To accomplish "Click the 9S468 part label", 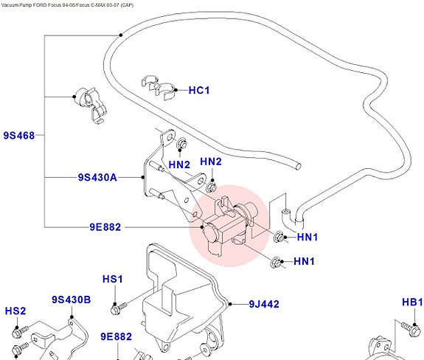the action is pos(19,135).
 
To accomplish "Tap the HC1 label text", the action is pos(199,90).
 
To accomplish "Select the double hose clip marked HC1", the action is pos(159,87).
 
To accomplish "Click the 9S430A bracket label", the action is pos(97,178).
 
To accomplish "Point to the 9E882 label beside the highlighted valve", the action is pos(105,227).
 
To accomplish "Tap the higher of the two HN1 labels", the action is pos(307,238).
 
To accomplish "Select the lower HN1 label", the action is pos(304,261).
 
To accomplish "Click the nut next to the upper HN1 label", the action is pos(279,238).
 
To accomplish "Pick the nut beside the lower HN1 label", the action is pos(276,263).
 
